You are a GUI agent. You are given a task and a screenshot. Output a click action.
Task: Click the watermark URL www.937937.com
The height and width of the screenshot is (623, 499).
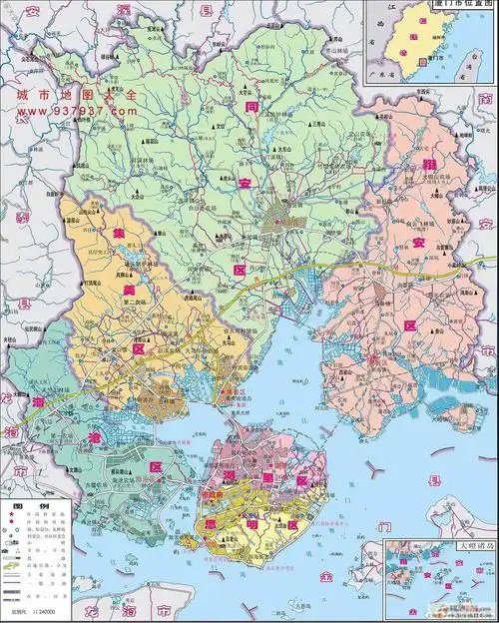tap(76, 111)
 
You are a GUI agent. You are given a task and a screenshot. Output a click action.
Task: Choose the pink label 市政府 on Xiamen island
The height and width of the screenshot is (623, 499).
tap(214, 495)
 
